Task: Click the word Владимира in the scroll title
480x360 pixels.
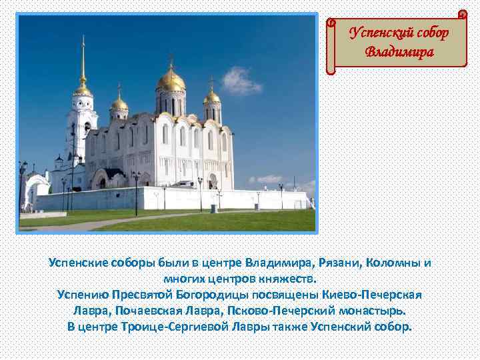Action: [x=399, y=51]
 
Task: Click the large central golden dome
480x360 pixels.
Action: [x=171, y=80]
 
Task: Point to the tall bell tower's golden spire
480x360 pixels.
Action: [x=83, y=63]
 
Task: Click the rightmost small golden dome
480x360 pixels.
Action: [x=212, y=97]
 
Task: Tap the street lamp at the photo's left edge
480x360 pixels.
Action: [x=23, y=183]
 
